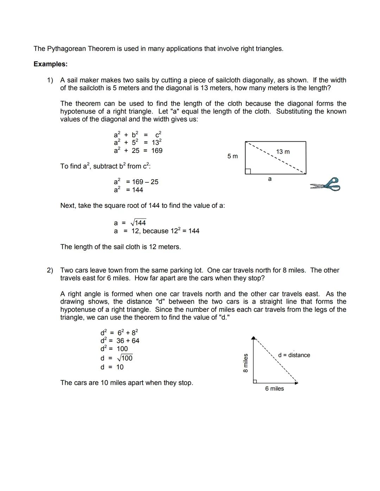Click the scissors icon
325,185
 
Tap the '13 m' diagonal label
283,151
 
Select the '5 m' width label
233,156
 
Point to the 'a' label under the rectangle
270,179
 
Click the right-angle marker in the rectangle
248,171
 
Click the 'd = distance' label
294,355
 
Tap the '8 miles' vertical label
246,363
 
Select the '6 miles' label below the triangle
274,388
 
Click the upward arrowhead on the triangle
253,338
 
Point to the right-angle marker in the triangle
255,381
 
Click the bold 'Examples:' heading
50,64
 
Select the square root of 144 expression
138,223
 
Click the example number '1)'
50,80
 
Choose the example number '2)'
50,270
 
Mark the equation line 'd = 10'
112,367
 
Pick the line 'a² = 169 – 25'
136,182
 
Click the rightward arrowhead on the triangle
296,383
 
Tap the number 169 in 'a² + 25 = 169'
157,150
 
